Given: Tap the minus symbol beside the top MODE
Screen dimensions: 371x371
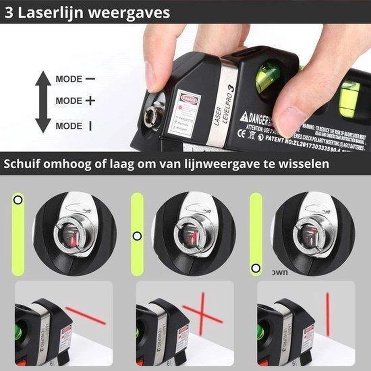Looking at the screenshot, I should (x=90, y=79).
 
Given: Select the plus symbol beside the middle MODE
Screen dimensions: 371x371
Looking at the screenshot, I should (x=90, y=101).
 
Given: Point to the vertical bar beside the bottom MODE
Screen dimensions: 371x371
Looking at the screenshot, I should (x=90, y=126).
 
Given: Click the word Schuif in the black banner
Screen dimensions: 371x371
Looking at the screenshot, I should (x=21, y=164).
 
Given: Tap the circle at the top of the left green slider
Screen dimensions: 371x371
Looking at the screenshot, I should (x=18, y=200).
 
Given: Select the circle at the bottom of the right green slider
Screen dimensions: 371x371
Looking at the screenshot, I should (x=255, y=268).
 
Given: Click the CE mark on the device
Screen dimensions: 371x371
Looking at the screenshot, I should (x=243, y=134).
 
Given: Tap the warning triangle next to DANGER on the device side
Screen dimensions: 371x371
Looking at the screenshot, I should (x=244, y=117).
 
